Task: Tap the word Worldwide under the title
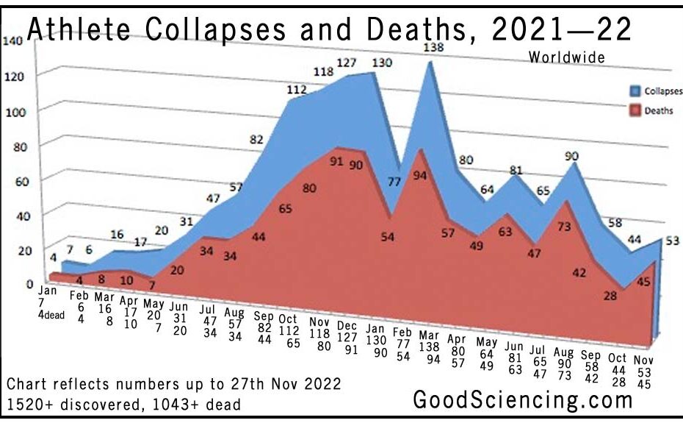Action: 566,57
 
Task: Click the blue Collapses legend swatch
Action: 634,91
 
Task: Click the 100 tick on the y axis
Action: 12,111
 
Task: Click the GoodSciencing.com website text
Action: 522,399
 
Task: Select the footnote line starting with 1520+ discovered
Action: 123,404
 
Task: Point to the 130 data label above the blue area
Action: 381,63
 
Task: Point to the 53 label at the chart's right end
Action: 672,241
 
